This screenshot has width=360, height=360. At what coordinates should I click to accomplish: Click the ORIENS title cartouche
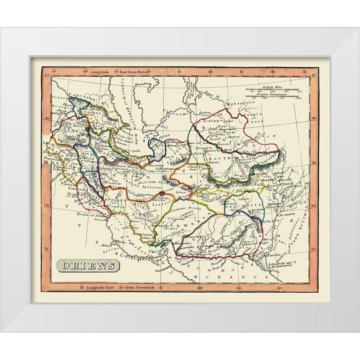88,266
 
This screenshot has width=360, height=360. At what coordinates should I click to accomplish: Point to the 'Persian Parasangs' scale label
272,94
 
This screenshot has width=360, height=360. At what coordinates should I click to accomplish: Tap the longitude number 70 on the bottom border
278,288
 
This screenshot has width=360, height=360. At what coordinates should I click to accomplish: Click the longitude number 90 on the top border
273,72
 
